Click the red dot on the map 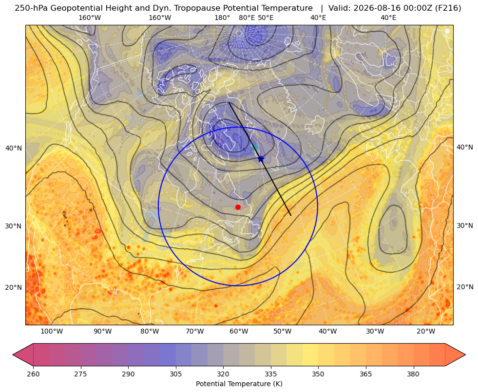[238, 207]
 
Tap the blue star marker [261, 159]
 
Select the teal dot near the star [255, 148]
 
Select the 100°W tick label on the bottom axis [52, 332]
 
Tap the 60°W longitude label [239, 332]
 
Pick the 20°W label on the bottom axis [426, 332]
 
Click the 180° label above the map [222, 18]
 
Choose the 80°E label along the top [247, 18]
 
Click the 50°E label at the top [266, 18]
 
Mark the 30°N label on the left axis [14, 226]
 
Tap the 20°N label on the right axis [465, 287]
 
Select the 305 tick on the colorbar [175, 374]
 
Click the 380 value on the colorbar [413, 374]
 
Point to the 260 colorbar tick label [33, 374]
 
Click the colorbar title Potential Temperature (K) [239, 384]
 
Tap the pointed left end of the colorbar [13, 355]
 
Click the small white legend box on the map [447, 31]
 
